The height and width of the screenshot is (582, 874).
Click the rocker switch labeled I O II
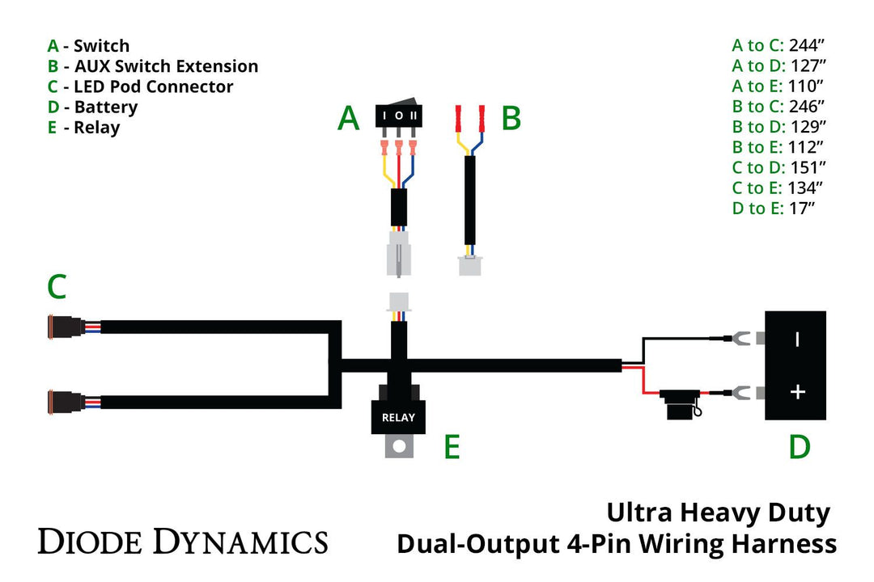[x=399, y=116]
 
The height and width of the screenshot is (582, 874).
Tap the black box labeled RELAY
[x=397, y=417]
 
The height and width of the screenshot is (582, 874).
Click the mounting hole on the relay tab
[x=397, y=446]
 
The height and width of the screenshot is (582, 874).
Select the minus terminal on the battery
[x=797, y=339]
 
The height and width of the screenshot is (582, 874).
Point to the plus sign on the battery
[x=797, y=392]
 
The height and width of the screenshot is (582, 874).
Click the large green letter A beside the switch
[x=348, y=119]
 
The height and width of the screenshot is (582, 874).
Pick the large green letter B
[x=511, y=119]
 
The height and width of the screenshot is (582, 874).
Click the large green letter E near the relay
[x=452, y=447]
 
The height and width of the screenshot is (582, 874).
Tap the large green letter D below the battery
[x=799, y=447]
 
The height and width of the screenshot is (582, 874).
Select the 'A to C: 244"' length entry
[x=778, y=45]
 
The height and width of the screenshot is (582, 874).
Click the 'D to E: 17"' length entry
[x=773, y=209]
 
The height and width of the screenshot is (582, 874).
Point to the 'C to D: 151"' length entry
[x=778, y=167]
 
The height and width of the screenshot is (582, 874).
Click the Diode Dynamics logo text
[x=183, y=542]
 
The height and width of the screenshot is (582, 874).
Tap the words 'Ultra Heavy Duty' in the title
[x=718, y=512]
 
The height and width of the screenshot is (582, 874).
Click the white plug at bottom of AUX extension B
[x=469, y=265]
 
